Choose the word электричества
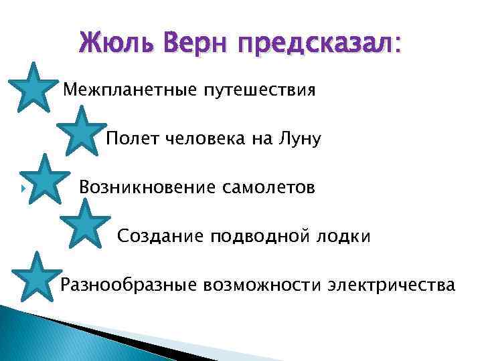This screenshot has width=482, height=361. tap(392, 285)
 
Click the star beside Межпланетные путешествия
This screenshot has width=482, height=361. tap(31, 87)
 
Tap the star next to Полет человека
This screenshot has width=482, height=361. tap(81, 131)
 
